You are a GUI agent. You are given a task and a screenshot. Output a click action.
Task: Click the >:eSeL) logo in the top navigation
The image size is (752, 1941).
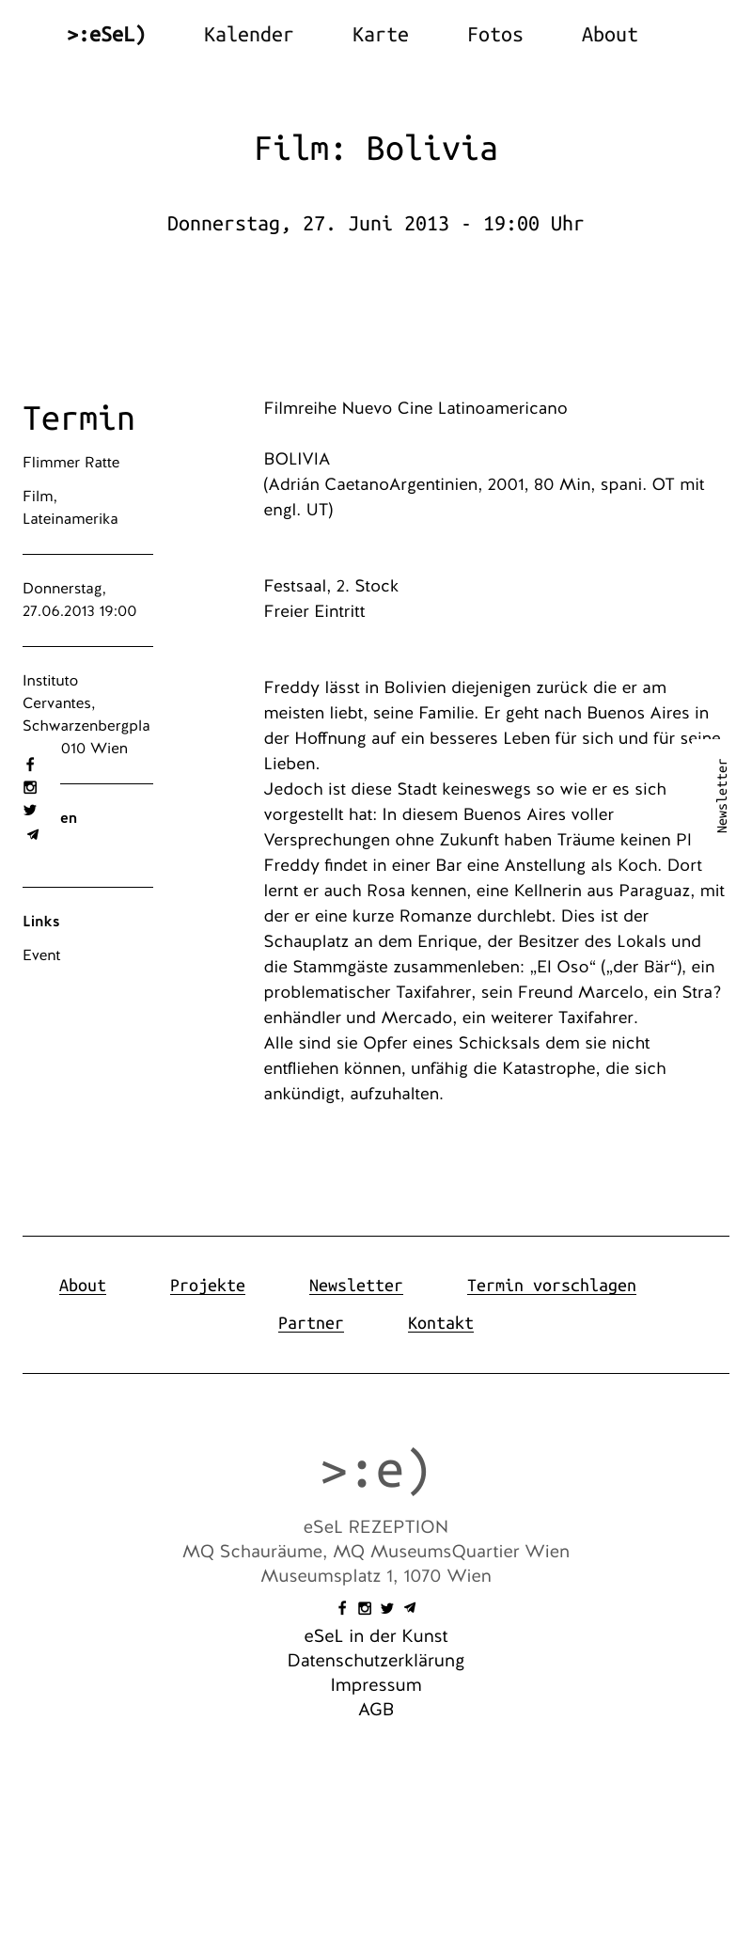pos(106,35)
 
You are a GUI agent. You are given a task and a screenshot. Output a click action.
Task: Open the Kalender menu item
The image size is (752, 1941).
pos(248,35)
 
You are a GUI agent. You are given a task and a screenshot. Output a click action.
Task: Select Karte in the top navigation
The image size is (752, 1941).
pos(380,35)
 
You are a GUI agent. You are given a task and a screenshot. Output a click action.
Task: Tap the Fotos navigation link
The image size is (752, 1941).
pos(494,35)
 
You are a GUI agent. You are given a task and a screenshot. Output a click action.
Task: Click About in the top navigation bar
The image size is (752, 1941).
pos(609,35)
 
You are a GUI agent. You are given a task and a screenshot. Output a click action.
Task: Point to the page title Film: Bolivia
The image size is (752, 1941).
pos(376,149)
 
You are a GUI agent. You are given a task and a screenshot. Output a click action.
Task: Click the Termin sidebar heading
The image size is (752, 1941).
pos(79,418)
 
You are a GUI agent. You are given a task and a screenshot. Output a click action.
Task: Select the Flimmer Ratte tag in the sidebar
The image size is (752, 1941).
pos(71,463)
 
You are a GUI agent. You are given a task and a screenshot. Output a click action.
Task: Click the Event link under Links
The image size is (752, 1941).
pos(41,955)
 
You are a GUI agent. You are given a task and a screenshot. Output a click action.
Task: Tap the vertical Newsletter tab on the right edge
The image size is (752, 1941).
pos(722,796)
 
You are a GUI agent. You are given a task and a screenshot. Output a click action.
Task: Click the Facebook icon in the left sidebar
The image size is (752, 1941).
pos(30,765)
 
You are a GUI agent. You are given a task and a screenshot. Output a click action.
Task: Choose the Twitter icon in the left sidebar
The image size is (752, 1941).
pos(30,810)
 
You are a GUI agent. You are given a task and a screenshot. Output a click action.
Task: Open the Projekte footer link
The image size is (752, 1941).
pos(208,1286)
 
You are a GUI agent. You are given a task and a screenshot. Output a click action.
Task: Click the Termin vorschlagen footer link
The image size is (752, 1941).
pos(551,1286)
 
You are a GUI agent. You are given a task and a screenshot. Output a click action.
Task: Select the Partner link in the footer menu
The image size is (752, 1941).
pos(310,1323)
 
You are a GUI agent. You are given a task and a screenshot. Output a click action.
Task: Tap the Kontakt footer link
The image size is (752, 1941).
pos(440,1323)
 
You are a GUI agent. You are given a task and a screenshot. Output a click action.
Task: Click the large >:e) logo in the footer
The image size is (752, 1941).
pos(375,1471)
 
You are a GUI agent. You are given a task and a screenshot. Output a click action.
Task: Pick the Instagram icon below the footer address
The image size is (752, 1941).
pos(365,1608)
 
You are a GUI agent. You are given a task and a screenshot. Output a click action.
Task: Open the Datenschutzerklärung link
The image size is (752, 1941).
pos(376,1661)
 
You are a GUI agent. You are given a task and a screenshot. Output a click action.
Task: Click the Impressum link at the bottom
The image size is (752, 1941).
pos(376,1685)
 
